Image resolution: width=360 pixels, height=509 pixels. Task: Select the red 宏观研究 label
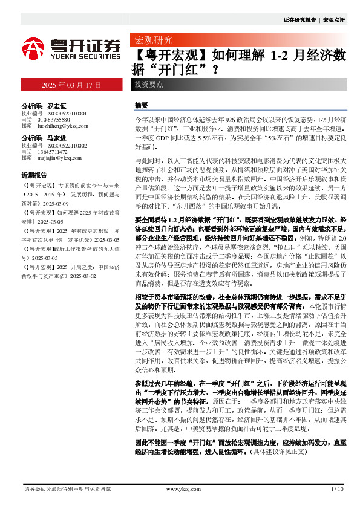tap(152, 41)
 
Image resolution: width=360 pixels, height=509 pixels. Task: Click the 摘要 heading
tap(142, 105)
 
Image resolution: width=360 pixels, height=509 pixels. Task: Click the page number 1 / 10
tap(338, 490)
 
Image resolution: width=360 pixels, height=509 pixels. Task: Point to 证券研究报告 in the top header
tap(301, 20)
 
